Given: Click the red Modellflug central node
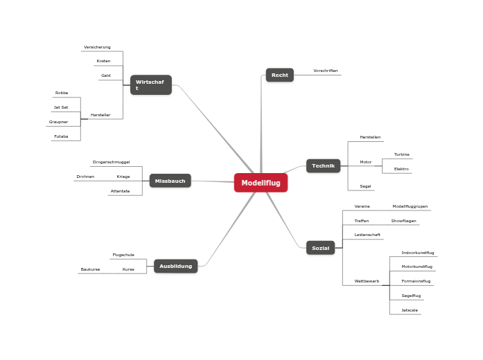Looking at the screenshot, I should click(x=261, y=183).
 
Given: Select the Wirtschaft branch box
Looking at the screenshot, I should click(x=150, y=85).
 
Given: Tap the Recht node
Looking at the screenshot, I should click(x=280, y=75).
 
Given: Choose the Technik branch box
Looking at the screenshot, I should click(x=323, y=166).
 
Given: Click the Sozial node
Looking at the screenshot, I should click(x=320, y=248).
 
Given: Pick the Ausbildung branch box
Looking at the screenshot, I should click(x=175, y=266).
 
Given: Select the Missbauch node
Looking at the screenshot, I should click(x=170, y=181).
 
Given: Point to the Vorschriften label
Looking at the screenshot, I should click(x=325, y=71).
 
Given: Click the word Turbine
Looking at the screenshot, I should click(x=401, y=154).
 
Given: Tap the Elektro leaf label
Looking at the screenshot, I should click(x=401, y=169).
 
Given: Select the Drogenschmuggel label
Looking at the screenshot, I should click(x=111, y=162).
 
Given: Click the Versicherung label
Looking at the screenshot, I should click(x=97, y=47).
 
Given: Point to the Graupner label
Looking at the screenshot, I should click(x=58, y=122).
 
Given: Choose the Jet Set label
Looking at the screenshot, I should click(x=61, y=107).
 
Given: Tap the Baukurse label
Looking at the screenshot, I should click(x=90, y=269).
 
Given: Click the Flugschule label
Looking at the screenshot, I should click(x=123, y=255).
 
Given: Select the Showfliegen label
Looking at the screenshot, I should click(x=403, y=221).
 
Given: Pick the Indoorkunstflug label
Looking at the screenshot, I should click(x=417, y=253).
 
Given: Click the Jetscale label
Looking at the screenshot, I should click(x=410, y=310).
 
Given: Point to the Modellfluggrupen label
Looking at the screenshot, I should click(x=410, y=206).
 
